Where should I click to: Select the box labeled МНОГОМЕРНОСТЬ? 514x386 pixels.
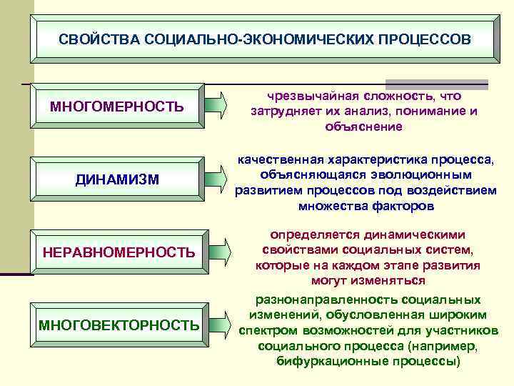(117, 107)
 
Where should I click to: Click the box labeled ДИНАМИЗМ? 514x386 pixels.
(117, 179)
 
